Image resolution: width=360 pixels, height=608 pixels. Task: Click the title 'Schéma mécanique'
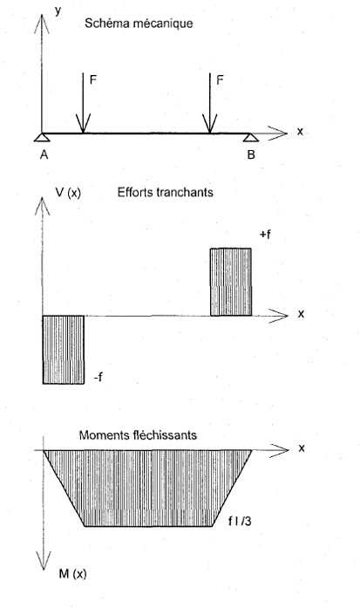tap(139, 24)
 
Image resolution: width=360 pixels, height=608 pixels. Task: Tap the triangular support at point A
tap(42, 137)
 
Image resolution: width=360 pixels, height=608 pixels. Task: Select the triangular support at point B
tap(251, 137)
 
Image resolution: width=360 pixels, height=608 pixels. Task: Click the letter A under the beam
tap(44, 154)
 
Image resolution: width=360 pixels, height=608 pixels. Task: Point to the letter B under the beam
tap(251, 154)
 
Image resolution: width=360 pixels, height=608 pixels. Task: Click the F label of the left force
tap(93, 80)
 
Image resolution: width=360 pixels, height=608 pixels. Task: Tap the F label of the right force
tap(220, 80)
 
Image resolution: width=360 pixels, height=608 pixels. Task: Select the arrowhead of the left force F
tap(83, 124)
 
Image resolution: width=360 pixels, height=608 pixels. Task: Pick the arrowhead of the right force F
tap(210, 124)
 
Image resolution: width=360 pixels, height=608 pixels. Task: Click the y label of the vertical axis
tap(58, 10)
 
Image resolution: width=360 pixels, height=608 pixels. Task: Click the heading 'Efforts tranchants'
tap(166, 192)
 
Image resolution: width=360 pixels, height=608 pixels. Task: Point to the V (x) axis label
tap(68, 193)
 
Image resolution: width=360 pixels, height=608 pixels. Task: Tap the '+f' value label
tap(266, 234)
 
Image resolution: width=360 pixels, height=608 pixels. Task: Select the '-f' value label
tap(98, 377)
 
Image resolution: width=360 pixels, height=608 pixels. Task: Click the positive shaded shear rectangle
tap(231, 282)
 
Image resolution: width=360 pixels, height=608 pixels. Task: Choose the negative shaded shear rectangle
tap(63, 350)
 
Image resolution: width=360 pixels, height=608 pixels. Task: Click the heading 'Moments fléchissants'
tap(138, 435)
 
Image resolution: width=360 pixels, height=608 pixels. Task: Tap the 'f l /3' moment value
tap(240, 521)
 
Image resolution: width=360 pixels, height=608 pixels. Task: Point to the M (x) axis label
tap(72, 573)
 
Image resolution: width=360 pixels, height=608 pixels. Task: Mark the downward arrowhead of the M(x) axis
tap(44, 561)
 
